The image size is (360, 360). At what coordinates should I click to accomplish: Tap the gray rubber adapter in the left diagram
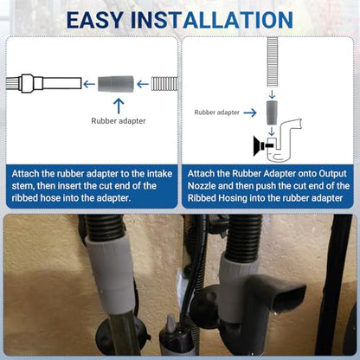tap(116, 84)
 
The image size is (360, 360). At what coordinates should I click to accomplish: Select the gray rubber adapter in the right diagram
tap(272, 112)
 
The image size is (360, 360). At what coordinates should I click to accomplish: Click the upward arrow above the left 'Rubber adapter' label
tap(119, 106)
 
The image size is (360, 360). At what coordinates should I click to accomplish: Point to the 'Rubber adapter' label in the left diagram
tap(119, 121)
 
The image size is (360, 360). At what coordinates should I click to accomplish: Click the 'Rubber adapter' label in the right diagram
tap(217, 112)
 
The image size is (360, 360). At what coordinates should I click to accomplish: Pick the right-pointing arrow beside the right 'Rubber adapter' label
tap(250, 112)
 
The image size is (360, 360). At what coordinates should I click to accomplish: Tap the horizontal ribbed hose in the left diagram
tap(164, 84)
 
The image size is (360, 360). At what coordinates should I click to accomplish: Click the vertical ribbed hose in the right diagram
tap(273, 62)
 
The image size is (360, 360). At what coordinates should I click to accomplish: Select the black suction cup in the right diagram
tap(259, 146)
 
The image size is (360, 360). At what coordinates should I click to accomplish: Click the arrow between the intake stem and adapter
tap(89, 84)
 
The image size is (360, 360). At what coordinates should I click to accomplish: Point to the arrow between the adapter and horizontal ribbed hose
tap(143, 84)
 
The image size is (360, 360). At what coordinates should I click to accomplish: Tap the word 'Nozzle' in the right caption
tap(202, 186)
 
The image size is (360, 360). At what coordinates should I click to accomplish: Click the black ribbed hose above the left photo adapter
tap(105, 227)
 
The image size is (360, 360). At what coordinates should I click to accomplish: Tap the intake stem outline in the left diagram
tap(43, 84)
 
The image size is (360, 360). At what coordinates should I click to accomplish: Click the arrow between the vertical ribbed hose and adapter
tap(272, 94)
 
